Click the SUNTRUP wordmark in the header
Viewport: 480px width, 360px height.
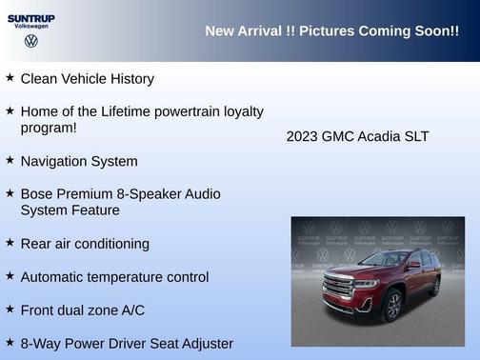click(30, 17)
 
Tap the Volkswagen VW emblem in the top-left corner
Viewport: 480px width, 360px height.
click(30, 42)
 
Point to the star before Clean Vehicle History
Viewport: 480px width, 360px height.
click(10, 77)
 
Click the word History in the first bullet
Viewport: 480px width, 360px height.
click(129, 79)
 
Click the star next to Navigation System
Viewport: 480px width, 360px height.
click(10, 160)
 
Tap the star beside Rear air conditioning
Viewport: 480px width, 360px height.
click(10, 242)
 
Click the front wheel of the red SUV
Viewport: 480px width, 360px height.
click(392, 305)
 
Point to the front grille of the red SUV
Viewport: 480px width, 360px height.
click(338, 284)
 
